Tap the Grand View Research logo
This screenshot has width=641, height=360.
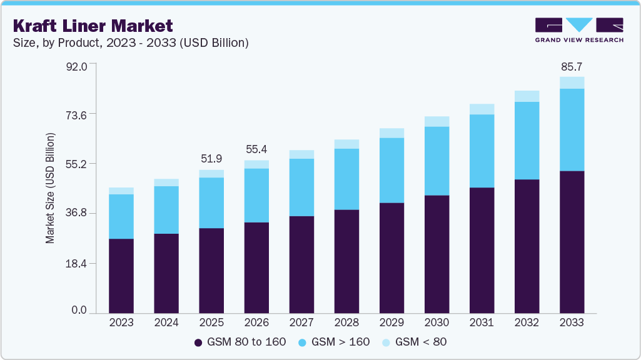pyautogui.click(x=579, y=30)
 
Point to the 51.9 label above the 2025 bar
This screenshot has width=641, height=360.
pyautogui.click(x=211, y=159)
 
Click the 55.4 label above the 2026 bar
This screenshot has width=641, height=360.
pyautogui.click(x=256, y=149)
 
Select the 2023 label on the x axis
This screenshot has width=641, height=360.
pyautogui.click(x=121, y=322)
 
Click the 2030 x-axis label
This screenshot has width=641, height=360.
pyautogui.click(x=437, y=322)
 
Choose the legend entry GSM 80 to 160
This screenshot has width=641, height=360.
pyautogui.click(x=240, y=342)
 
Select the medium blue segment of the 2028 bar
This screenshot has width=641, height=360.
pyautogui.click(x=346, y=179)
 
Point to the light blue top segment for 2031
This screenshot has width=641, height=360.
pyautogui.click(x=482, y=109)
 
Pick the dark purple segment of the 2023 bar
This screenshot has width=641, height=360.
pyautogui.click(x=121, y=276)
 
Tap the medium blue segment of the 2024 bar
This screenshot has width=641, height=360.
pyautogui.click(x=166, y=210)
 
